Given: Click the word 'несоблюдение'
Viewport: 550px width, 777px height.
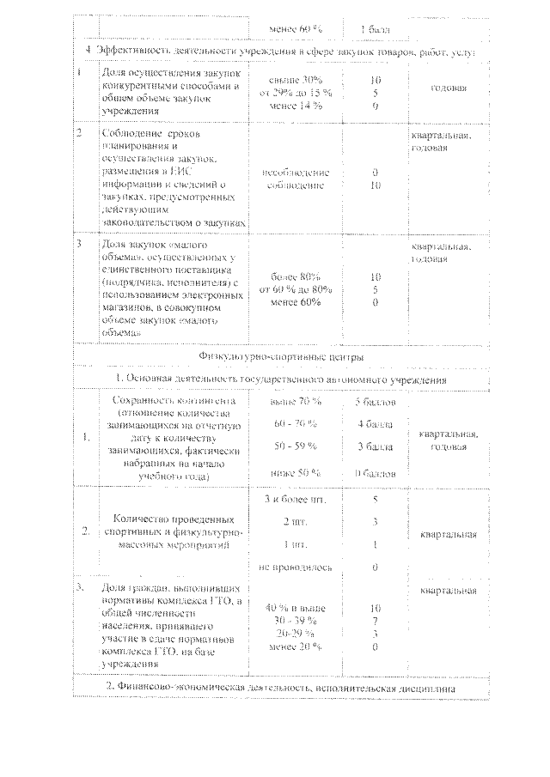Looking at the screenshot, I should click(x=295, y=172).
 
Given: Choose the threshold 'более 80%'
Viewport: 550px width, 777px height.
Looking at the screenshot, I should click(x=295, y=277).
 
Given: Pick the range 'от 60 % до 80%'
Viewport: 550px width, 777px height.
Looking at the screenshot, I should click(x=295, y=290).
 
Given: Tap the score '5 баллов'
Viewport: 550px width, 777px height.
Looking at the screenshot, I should click(x=375, y=401).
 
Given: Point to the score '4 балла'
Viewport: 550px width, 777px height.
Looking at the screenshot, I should click(x=375, y=425).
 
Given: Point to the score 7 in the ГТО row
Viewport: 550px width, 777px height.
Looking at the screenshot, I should click(x=375, y=621).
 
